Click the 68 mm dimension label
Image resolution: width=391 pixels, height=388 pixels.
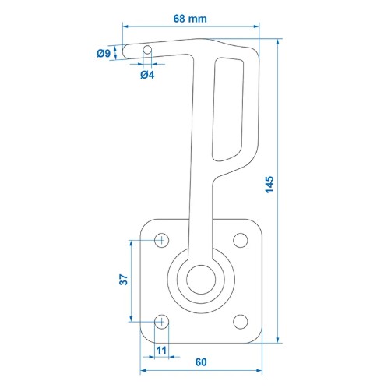coord(190,19)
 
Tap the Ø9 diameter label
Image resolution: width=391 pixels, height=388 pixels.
coord(104,53)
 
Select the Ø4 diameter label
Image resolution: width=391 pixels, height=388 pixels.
coord(147,75)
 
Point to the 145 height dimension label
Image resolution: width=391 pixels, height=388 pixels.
coord(269,185)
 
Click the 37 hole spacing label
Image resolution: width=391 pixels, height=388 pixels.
coord(124,280)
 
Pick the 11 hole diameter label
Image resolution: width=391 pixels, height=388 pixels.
coord(161,351)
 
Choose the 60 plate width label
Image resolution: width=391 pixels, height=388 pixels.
coord(201,362)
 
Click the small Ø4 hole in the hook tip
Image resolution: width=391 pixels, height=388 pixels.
coord(147,50)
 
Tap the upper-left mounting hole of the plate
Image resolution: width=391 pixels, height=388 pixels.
coord(162,240)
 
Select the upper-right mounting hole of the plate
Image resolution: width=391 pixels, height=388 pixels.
coord(241,240)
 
